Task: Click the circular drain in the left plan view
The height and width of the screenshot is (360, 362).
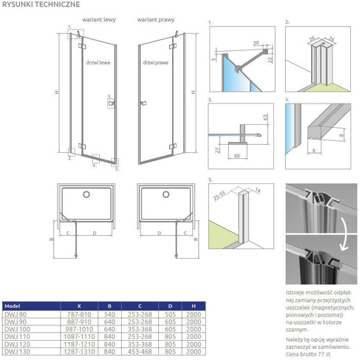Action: (87, 194)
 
